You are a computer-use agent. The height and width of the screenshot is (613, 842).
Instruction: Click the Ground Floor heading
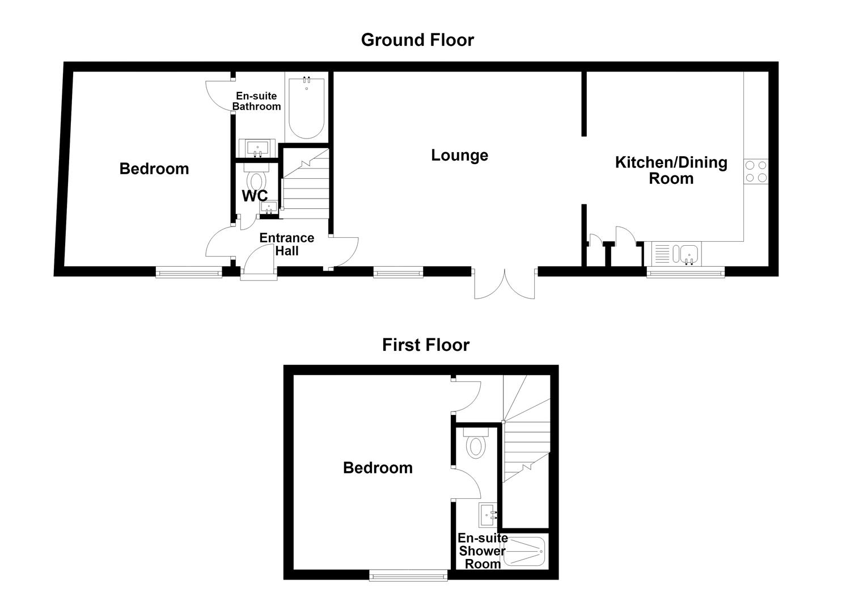pyautogui.click(x=417, y=40)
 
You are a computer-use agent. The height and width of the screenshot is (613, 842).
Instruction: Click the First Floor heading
pyautogui.click(x=425, y=345)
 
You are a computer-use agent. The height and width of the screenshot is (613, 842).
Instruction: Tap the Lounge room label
pyautogui.click(x=459, y=155)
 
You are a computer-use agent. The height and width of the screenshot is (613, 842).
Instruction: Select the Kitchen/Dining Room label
pyautogui.click(x=671, y=170)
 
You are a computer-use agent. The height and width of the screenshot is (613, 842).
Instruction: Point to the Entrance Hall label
pyautogui.click(x=286, y=244)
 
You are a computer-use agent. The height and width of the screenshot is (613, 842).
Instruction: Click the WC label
pyautogui.click(x=255, y=196)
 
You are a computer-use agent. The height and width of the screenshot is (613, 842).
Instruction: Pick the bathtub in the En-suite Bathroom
pyautogui.click(x=306, y=108)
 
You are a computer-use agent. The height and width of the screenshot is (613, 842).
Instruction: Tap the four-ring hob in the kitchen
pyautogui.click(x=756, y=171)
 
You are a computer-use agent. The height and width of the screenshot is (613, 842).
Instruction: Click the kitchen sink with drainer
pyautogui.click(x=676, y=254)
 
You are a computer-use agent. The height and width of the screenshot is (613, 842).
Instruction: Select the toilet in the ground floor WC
pyautogui.click(x=257, y=177)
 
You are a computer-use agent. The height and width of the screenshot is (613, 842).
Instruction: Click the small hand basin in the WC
pyautogui.click(x=269, y=207)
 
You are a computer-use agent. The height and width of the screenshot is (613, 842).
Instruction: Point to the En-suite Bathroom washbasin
pyautogui.click(x=257, y=148)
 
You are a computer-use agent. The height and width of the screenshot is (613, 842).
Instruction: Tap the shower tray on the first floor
pyautogui.click(x=523, y=551)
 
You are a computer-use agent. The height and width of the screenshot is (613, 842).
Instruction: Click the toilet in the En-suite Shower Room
pyautogui.click(x=476, y=443)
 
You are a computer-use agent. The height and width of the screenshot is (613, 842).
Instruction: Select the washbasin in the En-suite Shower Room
pyautogui.click(x=488, y=515)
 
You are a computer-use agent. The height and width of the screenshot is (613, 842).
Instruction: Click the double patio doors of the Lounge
pyautogui.click(x=505, y=283)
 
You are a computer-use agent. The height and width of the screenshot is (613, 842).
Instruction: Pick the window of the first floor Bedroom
pyautogui.click(x=408, y=576)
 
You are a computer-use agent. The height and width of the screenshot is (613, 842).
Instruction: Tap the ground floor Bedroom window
pyautogui.click(x=189, y=272)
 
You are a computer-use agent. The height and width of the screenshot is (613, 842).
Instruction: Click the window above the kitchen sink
pyautogui.click(x=686, y=272)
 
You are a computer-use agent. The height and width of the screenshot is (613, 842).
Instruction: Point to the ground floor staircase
pyautogui.click(x=306, y=183)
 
